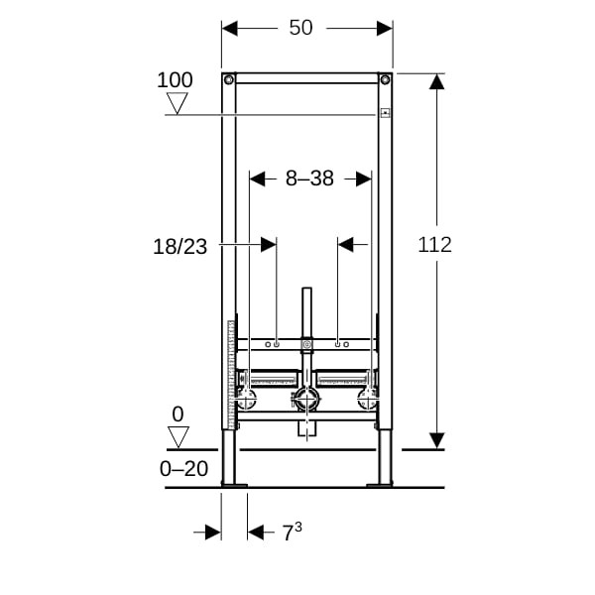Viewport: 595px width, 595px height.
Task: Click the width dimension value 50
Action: (300, 28)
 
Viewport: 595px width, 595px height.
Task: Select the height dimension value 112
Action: (435, 245)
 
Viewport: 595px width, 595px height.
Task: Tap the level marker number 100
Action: (175, 80)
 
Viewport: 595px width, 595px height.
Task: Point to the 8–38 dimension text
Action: (309, 178)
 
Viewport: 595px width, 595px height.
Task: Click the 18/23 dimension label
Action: (180, 247)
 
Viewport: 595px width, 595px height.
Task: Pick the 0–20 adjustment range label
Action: (184, 469)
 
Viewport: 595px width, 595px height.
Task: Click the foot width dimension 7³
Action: (292, 532)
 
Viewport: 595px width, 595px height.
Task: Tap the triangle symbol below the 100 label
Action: (178, 103)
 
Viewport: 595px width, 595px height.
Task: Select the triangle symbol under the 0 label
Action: (178, 437)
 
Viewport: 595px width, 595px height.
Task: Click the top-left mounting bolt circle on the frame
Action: (229, 79)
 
